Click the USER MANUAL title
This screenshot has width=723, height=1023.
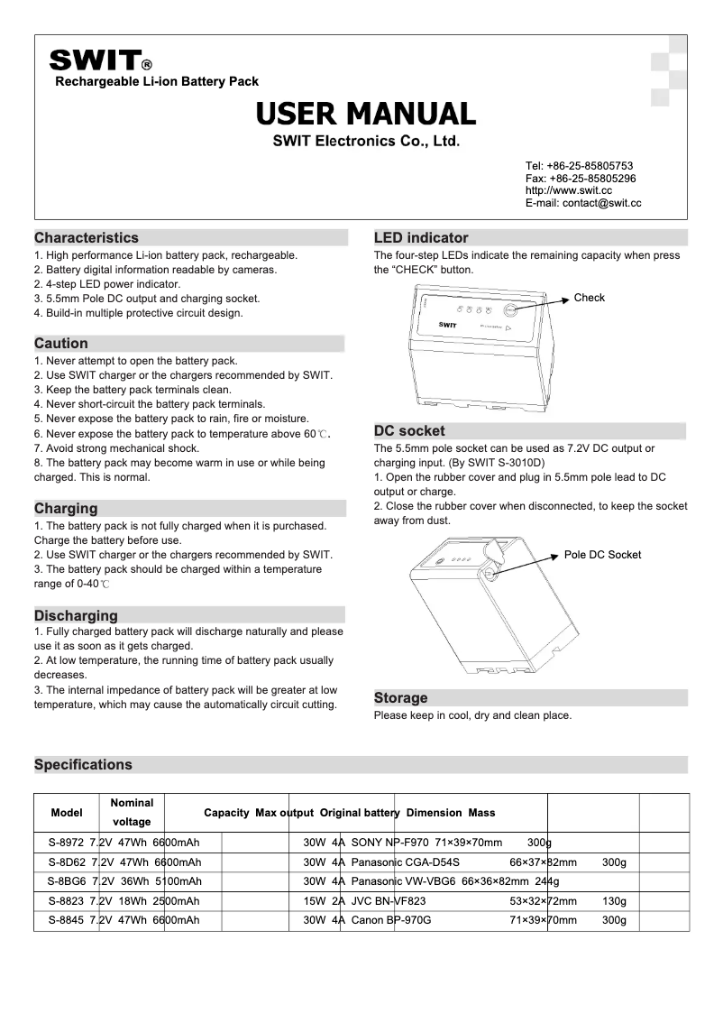[x=365, y=114]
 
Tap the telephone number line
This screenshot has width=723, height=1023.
[x=579, y=166]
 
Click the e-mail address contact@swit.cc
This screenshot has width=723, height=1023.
[x=582, y=204]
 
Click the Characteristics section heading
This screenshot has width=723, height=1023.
[x=87, y=238]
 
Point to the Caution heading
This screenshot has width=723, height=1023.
[x=61, y=344]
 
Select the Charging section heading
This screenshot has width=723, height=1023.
[x=66, y=509]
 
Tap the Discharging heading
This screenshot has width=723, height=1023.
[x=76, y=616]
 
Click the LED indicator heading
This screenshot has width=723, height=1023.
[x=421, y=238]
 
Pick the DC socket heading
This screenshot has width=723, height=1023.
[x=409, y=431]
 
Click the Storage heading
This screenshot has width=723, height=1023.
[x=401, y=698]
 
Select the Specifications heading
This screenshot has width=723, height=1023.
[x=83, y=765]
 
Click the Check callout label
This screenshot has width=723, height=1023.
[x=590, y=298]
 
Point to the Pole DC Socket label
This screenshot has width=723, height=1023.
[x=602, y=555]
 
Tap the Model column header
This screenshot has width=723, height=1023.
[x=67, y=812]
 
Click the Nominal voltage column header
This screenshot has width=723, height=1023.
[x=132, y=812]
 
